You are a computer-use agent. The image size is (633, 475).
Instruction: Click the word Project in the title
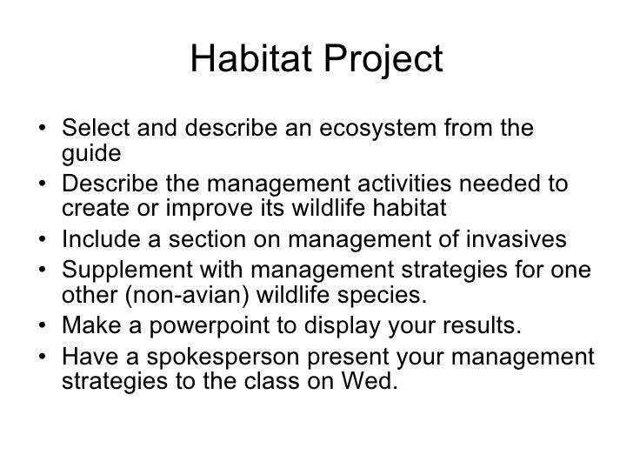[379, 60]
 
